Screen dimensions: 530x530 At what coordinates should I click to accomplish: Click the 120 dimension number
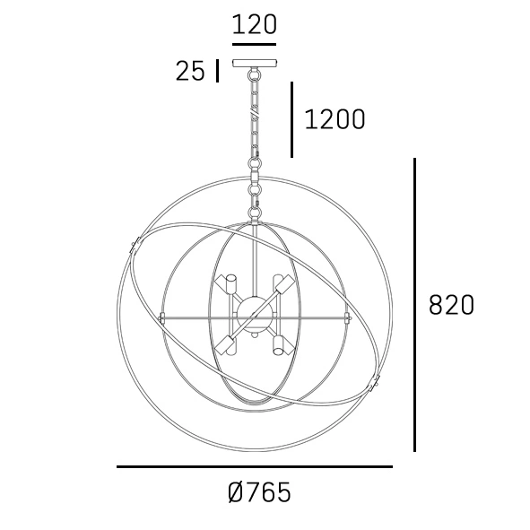255,24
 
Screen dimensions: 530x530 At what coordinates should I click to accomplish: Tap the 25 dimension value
190,72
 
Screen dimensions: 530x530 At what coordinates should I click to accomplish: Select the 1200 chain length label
335,119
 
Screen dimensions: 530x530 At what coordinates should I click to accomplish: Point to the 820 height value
451,305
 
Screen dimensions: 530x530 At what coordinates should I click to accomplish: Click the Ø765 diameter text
259,492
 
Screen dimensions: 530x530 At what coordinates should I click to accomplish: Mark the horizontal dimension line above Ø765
255,466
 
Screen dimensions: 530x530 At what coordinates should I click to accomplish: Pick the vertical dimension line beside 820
414,305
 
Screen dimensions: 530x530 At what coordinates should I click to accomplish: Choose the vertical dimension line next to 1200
291,119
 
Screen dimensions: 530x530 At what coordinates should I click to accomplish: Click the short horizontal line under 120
255,43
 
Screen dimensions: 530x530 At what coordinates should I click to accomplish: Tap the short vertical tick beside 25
217,71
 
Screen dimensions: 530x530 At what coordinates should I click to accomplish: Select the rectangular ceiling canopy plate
256,64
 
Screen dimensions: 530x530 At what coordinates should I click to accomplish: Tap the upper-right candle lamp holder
283,286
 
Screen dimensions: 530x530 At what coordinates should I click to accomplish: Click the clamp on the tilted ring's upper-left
135,244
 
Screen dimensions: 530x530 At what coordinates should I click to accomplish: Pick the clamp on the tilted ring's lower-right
375,387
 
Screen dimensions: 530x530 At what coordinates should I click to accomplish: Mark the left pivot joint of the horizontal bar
162,317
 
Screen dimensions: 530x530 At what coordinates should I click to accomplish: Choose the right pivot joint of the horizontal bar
348,317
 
